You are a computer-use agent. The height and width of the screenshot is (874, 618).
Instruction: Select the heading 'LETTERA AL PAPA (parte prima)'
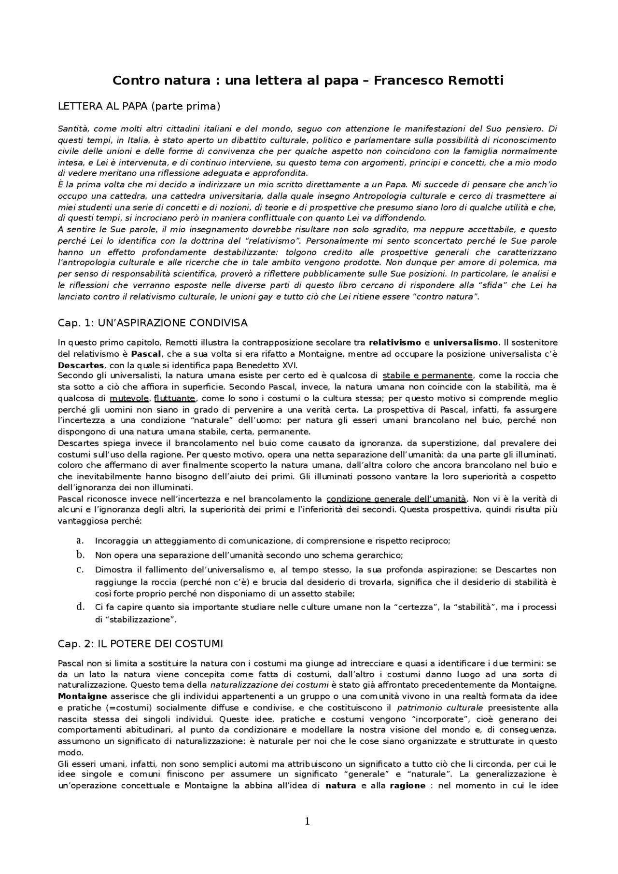[x=139, y=106]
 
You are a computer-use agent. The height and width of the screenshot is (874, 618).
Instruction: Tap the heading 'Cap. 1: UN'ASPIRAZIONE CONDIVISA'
[x=153, y=322]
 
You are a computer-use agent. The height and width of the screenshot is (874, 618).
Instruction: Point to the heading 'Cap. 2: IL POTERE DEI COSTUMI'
[x=140, y=644]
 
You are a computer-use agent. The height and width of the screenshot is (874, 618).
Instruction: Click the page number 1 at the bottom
[x=307, y=821]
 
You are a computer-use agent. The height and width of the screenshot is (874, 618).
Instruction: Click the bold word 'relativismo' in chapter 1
[x=395, y=343]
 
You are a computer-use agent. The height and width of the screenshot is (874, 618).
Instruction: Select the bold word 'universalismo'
[x=465, y=343]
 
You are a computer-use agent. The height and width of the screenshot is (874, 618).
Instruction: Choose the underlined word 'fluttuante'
[x=174, y=398]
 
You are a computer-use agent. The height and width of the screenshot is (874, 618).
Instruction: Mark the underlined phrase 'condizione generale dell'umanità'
[x=396, y=499]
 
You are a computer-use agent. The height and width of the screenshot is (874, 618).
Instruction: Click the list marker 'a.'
[x=81, y=541]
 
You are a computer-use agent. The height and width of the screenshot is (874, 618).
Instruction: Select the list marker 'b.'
[x=81, y=555]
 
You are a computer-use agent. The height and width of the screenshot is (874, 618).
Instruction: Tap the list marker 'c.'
[x=81, y=569]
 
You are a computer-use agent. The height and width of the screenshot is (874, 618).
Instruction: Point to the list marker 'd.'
[x=81, y=607]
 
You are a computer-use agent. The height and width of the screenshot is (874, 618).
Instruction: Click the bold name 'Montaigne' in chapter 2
[x=82, y=696]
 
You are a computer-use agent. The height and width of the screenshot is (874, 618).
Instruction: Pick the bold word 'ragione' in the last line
[x=407, y=785]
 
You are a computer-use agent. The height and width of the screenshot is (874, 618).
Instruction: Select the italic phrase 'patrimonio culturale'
[x=439, y=708]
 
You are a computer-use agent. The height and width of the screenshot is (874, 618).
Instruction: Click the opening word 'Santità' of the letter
[x=72, y=129]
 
